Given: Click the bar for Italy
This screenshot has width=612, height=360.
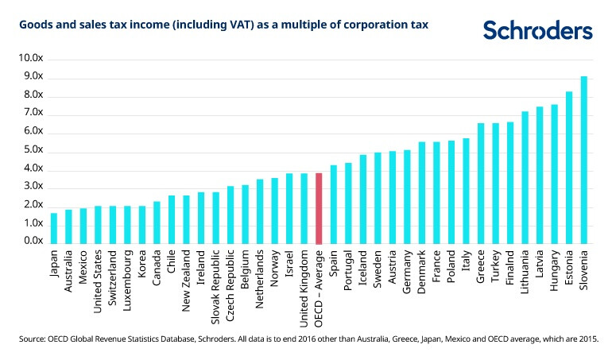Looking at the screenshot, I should point(466,191).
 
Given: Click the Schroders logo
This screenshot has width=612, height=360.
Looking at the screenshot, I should point(538,31).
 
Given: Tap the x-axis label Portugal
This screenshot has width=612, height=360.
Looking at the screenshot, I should point(348,271).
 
